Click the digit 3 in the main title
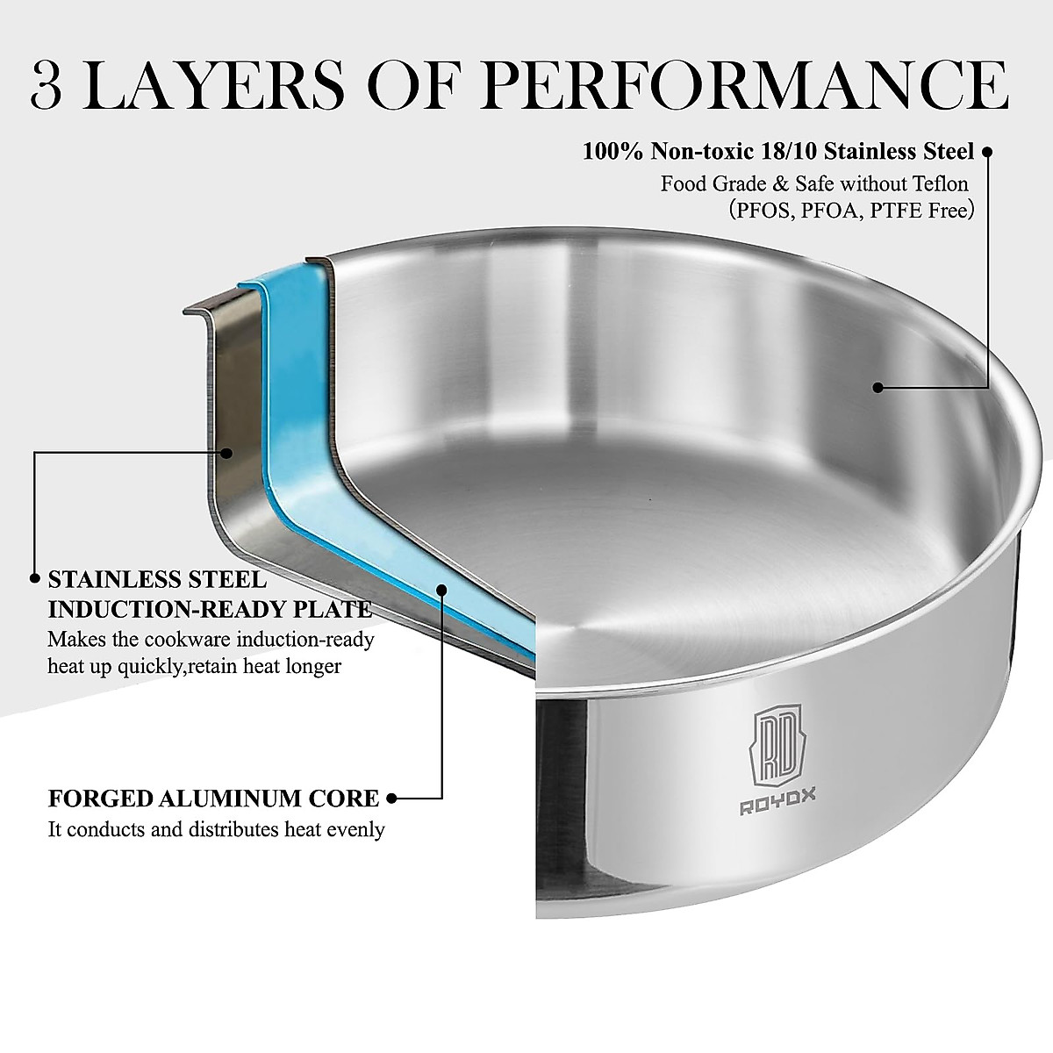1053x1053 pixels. tap(47, 85)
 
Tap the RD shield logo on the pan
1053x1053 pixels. tap(777, 737)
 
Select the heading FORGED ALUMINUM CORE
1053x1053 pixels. tap(213, 799)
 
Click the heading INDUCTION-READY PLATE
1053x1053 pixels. tap(210, 609)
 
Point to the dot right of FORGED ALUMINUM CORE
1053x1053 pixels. tap(392, 799)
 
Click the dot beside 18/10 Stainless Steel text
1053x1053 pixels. tap(986, 152)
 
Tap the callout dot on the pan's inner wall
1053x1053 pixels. tap(877, 386)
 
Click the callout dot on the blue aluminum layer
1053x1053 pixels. tap(442, 589)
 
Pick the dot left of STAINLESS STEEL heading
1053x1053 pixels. tap(34, 579)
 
